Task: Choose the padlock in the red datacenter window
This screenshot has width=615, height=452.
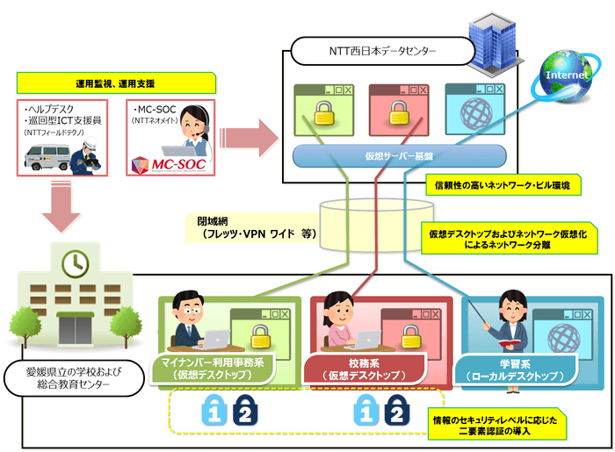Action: click(398, 115)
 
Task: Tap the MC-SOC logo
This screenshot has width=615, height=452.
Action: click(160, 164)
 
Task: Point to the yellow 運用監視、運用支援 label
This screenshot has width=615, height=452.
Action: click(116, 84)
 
